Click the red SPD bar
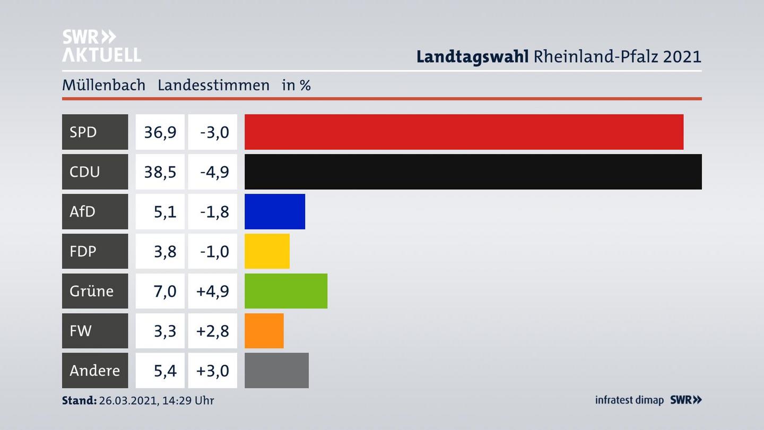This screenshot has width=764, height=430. point(464,132)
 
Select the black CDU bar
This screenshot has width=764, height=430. point(473,171)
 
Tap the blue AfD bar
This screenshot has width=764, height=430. point(274,211)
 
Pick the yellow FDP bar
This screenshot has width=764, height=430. point(267,251)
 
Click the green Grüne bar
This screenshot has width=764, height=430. point(285,291)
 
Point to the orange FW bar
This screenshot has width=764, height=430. point(264,331)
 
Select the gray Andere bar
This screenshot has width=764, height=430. point(276,370)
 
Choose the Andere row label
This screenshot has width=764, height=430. point(95,370)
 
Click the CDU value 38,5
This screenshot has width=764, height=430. point(160,171)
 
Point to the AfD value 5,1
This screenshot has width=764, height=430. point(165,211)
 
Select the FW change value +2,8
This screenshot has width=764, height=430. point(213,331)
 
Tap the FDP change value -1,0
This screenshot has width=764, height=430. point(214,251)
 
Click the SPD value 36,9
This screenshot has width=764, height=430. point(160,132)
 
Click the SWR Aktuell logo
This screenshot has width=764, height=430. point(101,46)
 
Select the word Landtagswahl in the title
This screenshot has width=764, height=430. point(472,56)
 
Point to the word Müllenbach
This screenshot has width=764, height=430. point(103,85)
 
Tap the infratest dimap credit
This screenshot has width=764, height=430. point(629,400)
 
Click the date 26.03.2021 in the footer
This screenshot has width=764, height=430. point(126,400)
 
